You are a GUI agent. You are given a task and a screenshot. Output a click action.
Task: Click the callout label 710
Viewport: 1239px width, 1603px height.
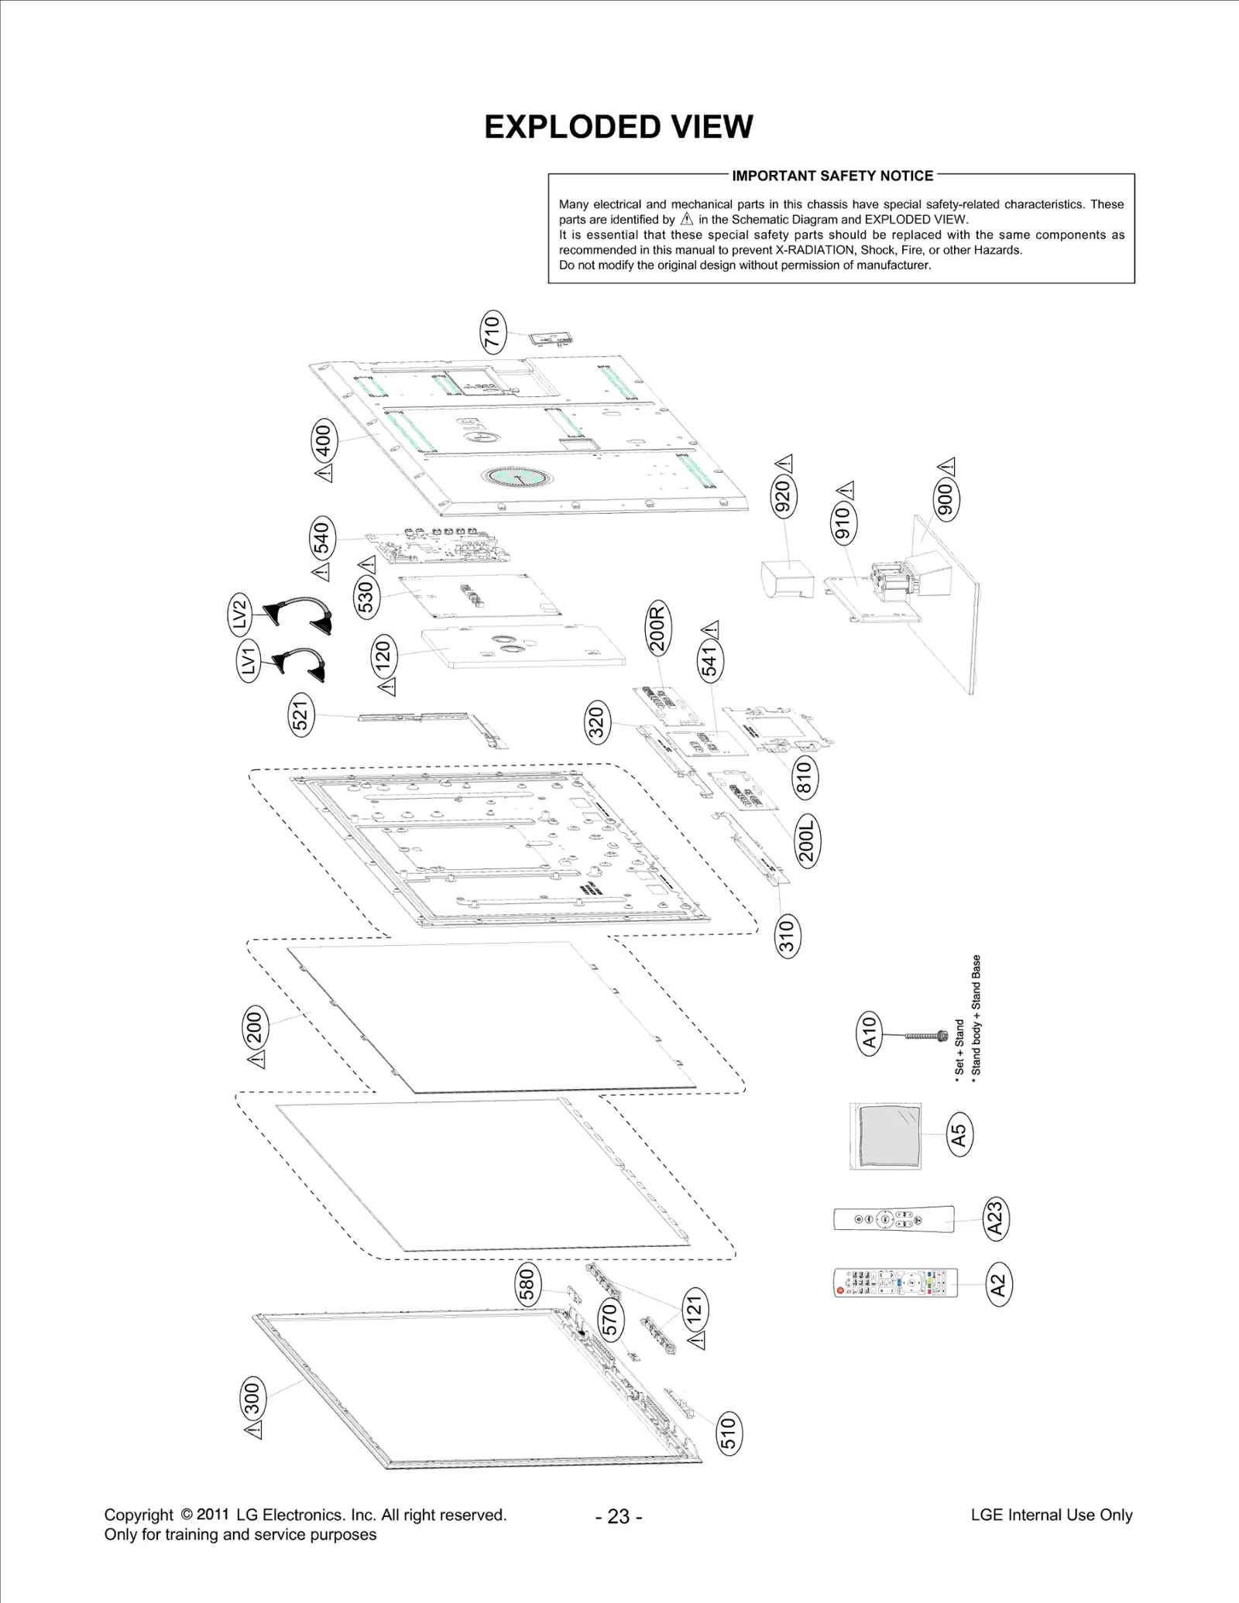(493, 332)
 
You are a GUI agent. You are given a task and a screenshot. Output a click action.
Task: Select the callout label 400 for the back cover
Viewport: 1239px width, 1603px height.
(324, 441)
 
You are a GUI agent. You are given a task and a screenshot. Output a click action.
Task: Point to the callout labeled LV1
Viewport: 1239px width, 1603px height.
(249, 663)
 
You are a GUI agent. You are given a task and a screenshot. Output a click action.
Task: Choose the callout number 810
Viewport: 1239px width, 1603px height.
(805, 777)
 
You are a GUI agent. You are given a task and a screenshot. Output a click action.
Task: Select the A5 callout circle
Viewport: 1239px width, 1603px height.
(959, 1135)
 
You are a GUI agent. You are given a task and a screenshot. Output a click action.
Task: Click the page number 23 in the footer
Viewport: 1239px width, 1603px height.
(619, 1516)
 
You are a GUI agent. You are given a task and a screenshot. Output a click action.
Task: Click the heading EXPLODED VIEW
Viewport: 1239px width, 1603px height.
(618, 127)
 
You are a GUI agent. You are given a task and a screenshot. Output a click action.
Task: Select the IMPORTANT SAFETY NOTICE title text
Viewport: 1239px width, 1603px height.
(832, 176)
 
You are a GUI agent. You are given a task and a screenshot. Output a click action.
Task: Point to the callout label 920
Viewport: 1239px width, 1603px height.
(784, 496)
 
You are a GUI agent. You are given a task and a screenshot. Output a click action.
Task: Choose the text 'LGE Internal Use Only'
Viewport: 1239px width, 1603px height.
(1051, 1515)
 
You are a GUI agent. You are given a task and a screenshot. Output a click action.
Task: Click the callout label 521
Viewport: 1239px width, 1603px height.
(301, 714)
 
